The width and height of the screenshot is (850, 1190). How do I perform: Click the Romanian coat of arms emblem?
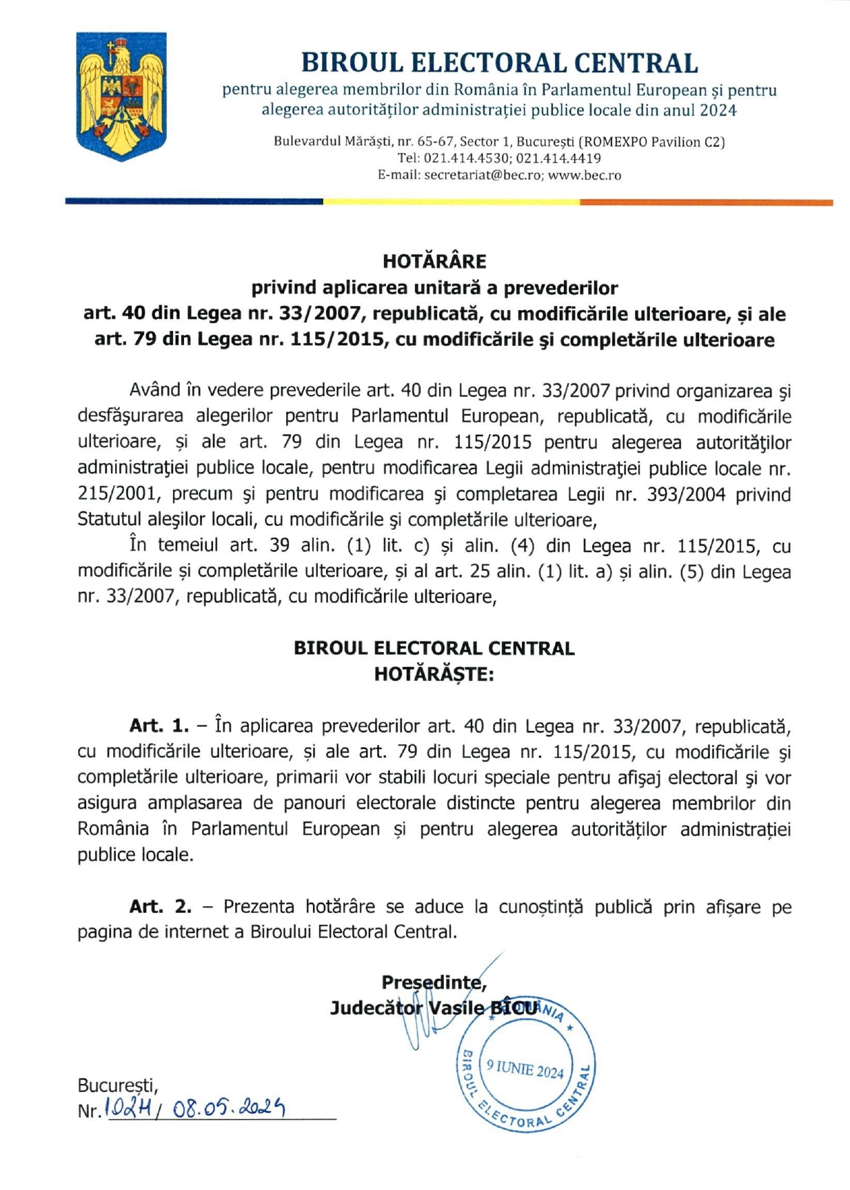121,96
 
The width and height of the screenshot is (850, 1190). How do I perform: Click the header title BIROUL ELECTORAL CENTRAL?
499,63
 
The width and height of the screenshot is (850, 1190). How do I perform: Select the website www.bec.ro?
585,175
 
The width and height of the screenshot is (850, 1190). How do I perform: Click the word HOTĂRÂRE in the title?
434,261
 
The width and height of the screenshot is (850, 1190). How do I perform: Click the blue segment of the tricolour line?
194,201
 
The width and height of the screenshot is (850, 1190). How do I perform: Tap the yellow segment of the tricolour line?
451,202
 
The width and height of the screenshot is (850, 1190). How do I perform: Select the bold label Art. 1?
158,726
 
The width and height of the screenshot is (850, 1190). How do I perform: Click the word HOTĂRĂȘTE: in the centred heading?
434,674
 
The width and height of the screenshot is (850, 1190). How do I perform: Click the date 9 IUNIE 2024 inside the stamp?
525,1069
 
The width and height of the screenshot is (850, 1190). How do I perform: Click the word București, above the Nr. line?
117,1086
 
